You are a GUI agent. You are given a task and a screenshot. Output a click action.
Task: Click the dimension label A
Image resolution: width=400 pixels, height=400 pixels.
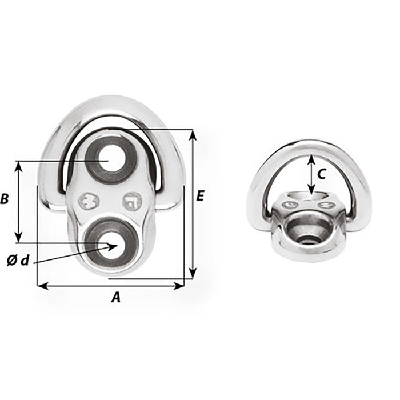[116, 297]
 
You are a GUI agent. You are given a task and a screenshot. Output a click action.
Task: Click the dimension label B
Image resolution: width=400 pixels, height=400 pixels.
[5, 199]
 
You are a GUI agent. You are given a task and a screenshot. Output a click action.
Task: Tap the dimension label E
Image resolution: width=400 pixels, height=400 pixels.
[200, 196]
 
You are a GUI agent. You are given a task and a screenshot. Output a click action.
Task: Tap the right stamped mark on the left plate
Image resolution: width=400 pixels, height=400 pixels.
[131, 201]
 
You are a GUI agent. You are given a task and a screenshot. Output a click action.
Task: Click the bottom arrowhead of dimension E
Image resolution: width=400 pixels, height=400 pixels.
[193, 273]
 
